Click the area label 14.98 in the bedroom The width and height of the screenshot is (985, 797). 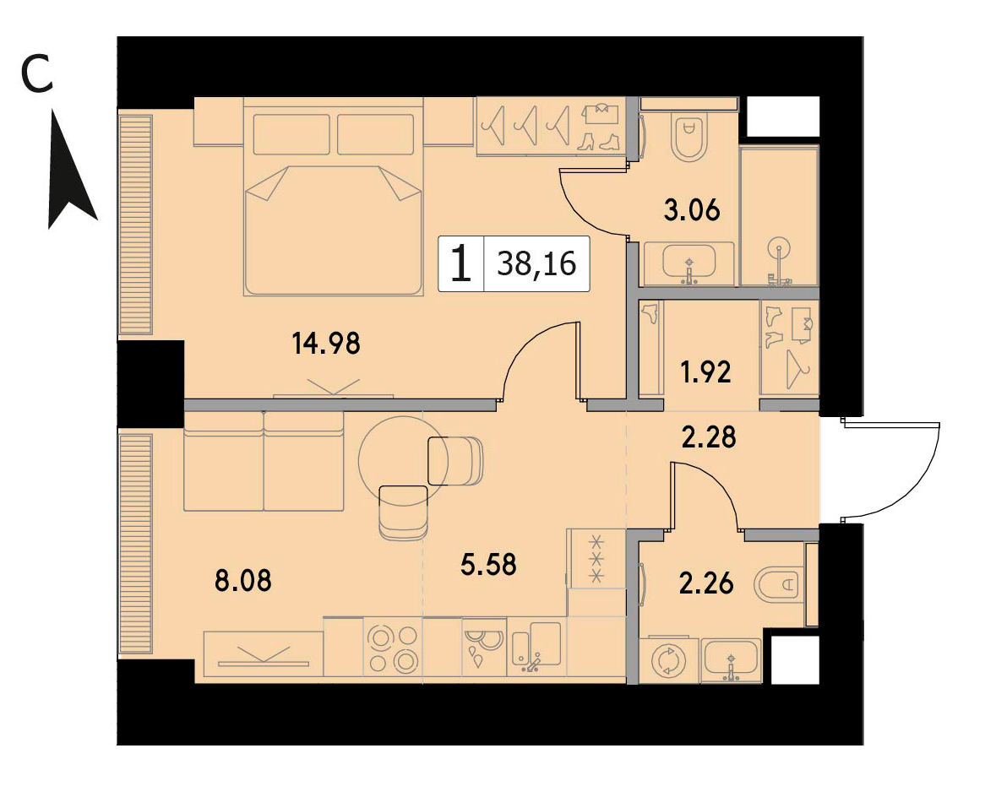coord(327,344)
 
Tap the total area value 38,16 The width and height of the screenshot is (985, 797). coord(536,263)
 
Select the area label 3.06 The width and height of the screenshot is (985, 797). coord(692,209)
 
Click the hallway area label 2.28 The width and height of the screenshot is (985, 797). coord(709,437)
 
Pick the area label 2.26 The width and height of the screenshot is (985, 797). coord(706,583)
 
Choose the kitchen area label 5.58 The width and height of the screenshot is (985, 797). coord(489,564)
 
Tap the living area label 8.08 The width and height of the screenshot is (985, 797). coord(243,580)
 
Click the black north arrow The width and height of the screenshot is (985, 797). coord(72,170)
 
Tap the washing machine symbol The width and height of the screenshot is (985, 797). coord(668,661)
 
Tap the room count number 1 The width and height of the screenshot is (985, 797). coord(461,263)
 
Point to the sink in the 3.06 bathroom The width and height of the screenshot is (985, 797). coord(689,263)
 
